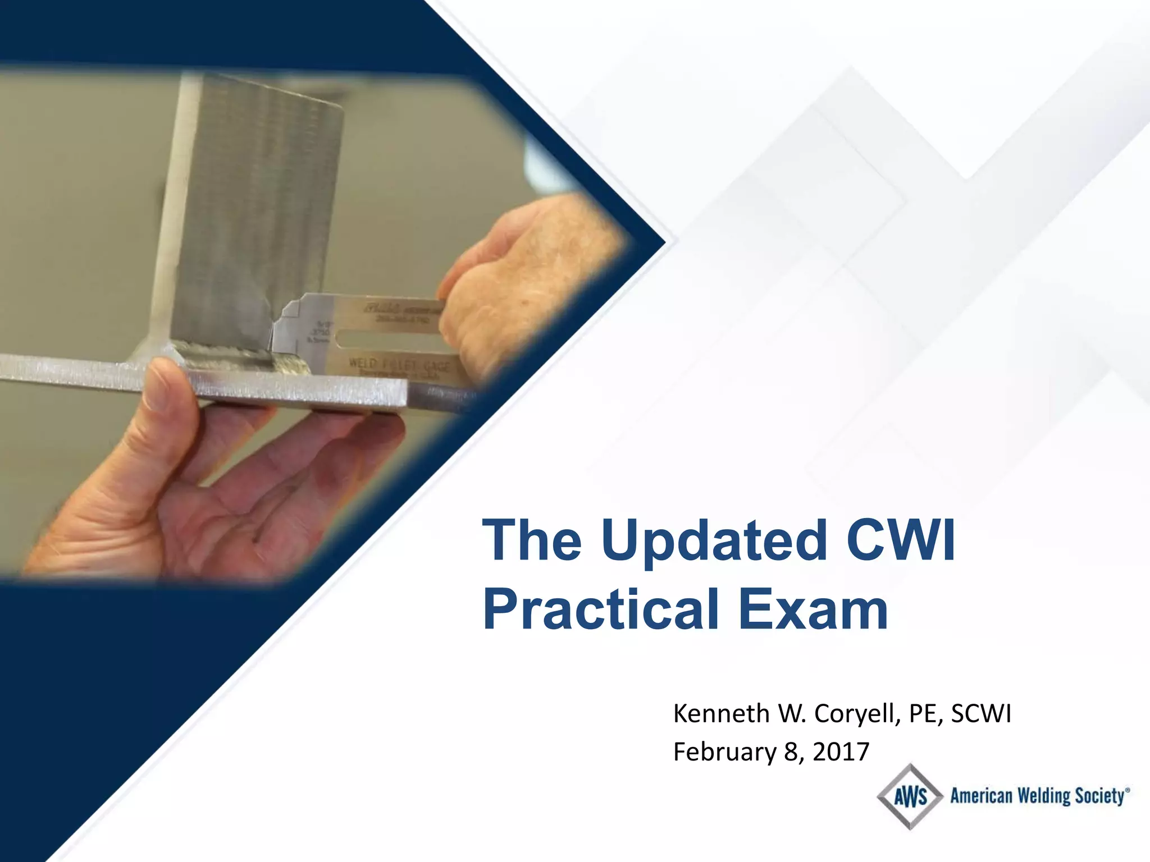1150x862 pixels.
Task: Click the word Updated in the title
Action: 714,541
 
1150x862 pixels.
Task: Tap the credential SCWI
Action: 981,714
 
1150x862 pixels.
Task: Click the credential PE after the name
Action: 925,714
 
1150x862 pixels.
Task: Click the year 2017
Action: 841,752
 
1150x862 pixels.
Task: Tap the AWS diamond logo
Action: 910,797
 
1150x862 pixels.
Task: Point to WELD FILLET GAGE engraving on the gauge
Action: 399,365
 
